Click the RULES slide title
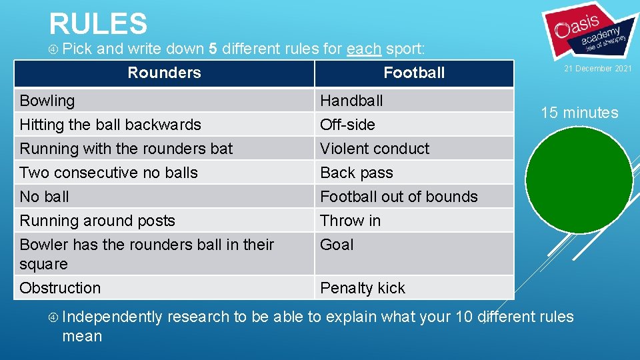click(x=98, y=23)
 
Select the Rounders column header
click(x=164, y=73)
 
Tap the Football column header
click(x=413, y=73)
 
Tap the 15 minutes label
click(x=579, y=113)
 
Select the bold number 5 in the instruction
click(x=213, y=48)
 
